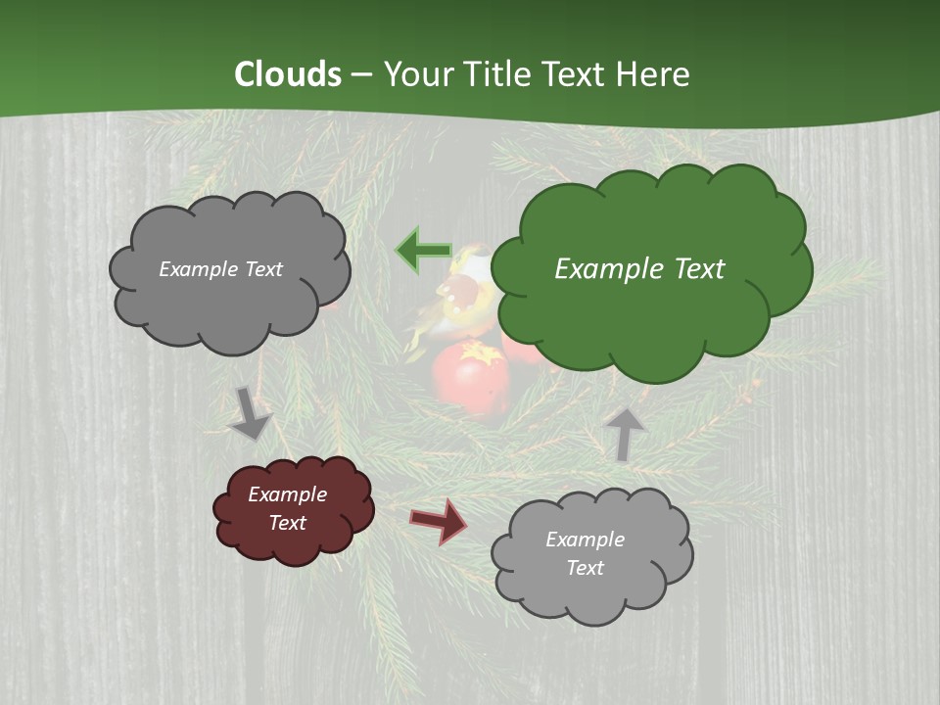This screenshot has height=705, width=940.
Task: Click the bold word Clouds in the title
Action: [x=288, y=74]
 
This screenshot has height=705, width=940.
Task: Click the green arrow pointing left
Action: [x=422, y=251]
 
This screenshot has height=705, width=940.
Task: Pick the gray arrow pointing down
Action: [x=250, y=413]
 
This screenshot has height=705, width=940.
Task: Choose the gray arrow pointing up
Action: [x=624, y=433]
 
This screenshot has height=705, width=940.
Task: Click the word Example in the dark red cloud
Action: [x=287, y=494]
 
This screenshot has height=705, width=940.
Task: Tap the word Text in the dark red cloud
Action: [x=288, y=523]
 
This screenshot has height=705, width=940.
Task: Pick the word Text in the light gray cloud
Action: [x=585, y=568]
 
